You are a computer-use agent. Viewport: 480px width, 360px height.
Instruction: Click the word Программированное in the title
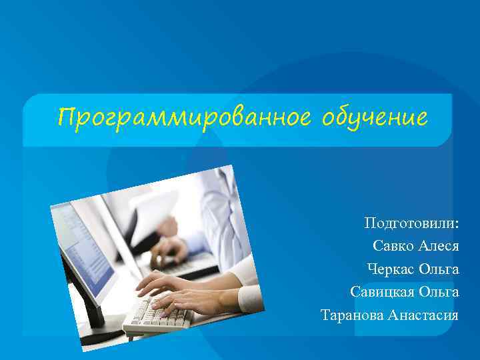coord(184,118)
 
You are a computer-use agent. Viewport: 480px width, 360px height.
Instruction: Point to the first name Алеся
coord(439,245)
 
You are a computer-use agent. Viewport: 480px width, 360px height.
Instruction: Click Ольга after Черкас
coord(439,269)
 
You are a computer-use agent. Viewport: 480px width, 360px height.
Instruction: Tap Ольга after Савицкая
coord(439,291)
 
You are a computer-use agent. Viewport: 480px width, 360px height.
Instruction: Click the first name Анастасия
coord(424,314)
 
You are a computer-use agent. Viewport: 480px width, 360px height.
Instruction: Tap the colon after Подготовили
coord(457,223)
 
